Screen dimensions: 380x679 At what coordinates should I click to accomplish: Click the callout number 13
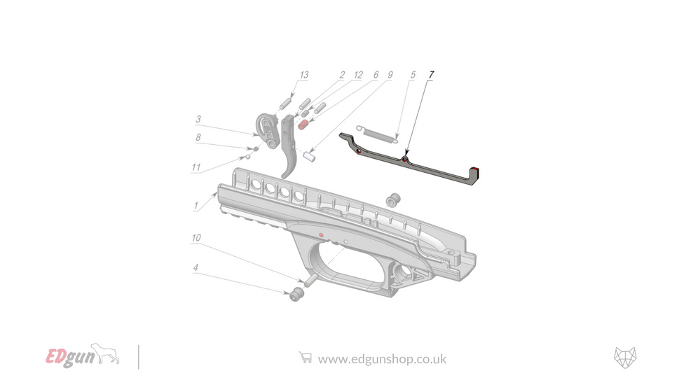pyautogui.click(x=303, y=76)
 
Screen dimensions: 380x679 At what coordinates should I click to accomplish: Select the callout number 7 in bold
pyautogui.click(x=431, y=74)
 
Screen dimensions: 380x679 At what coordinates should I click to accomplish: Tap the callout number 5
pyautogui.click(x=413, y=74)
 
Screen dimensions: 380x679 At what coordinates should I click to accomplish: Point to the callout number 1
pyautogui.click(x=197, y=206)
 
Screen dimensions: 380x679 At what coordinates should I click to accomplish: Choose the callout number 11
pyautogui.click(x=196, y=167)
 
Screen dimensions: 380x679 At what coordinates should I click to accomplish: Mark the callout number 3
pyautogui.click(x=198, y=120)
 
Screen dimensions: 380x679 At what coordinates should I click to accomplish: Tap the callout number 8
pyautogui.click(x=198, y=139)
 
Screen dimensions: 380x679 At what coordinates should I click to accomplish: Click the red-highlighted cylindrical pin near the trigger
pyautogui.click(x=304, y=124)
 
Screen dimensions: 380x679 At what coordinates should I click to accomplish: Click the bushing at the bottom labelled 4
pyautogui.click(x=296, y=295)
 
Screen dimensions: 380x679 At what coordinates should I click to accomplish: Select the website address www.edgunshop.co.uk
pyautogui.click(x=382, y=359)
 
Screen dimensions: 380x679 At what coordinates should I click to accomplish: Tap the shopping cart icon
pyautogui.click(x=305, y=358)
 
